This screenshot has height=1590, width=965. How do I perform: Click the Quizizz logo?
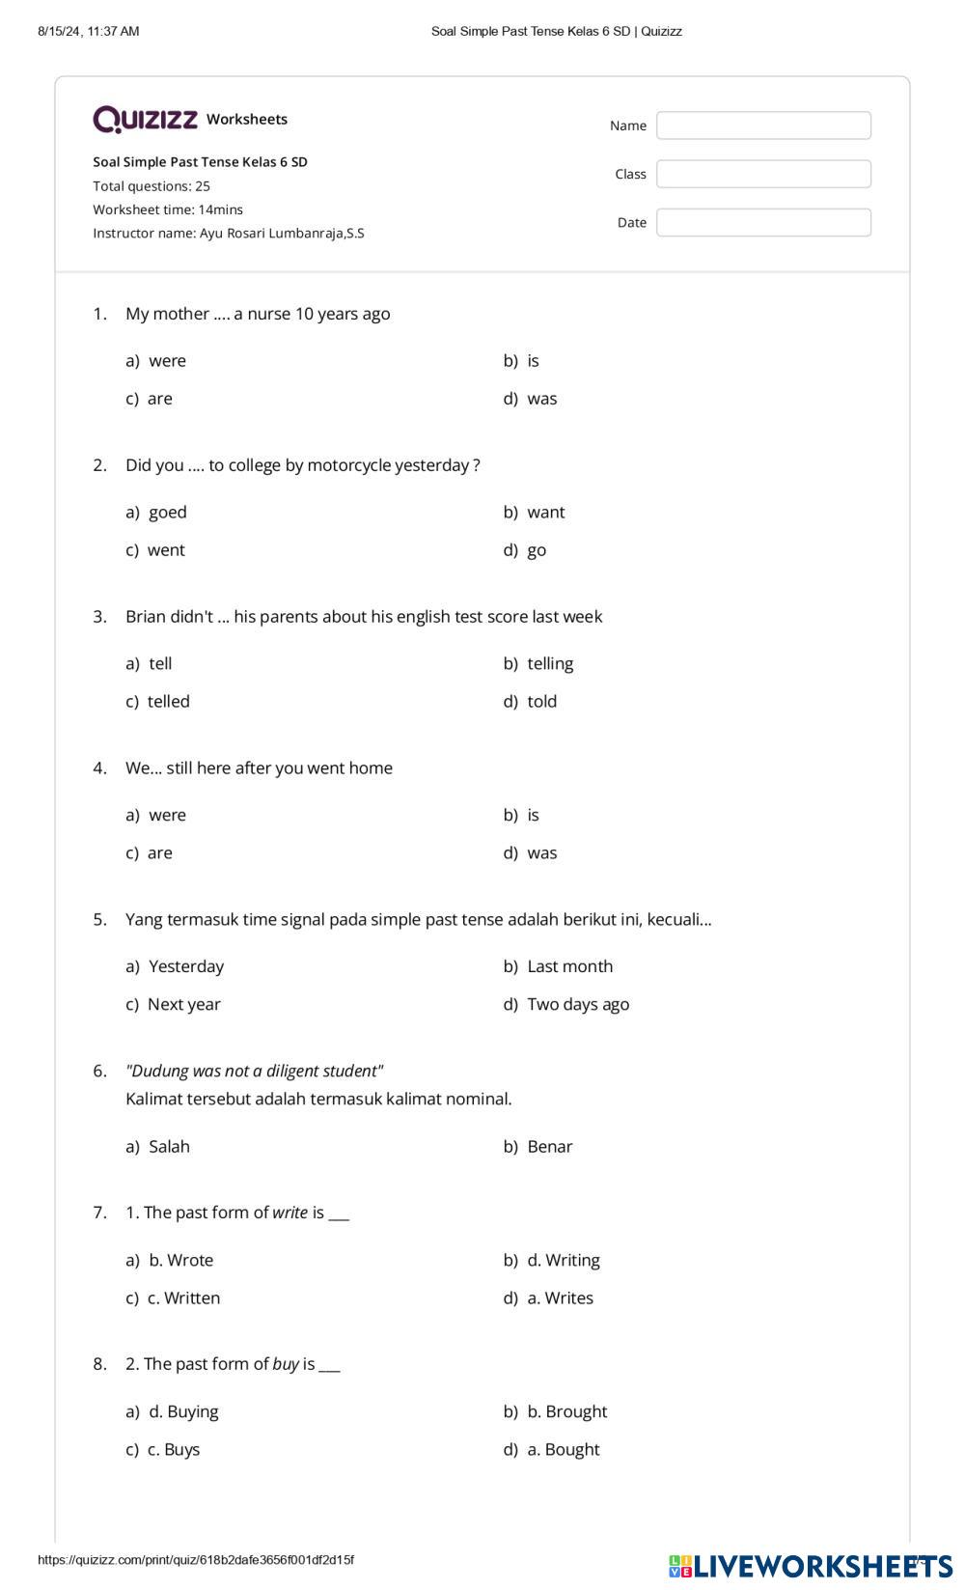[x=146, y=119]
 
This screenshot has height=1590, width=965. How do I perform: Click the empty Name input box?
[x=763, y=126]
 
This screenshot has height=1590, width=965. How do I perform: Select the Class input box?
[x=763, y=174]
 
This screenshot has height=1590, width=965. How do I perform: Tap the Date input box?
[x=763, y=222]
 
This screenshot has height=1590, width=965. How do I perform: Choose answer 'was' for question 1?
[x=541, y=399]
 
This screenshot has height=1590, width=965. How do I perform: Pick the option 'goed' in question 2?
[x=167, y=512]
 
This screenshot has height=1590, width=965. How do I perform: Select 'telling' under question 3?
[x=550, y=663]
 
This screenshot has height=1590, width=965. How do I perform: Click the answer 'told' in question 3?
[x=541, y=701]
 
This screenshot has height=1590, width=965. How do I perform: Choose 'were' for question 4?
[x=167, y=815]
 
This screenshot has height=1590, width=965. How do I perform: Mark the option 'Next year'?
[x=183, y=1004]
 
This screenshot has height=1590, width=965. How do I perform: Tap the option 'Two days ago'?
[x=577, y=1004]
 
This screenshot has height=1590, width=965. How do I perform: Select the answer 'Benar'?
[x=549, y=1146]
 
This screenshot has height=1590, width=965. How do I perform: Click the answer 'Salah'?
[x=169, y=1146]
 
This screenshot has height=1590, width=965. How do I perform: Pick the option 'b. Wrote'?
[x=180, y=1260]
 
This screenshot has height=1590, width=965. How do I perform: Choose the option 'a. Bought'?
[x=563, y=1449]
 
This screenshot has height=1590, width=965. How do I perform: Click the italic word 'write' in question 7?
[x=289, y=1213]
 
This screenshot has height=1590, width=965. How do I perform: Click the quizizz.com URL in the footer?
[x=196, y=1560]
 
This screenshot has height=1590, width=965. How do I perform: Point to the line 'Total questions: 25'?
[x=152, y=186]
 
